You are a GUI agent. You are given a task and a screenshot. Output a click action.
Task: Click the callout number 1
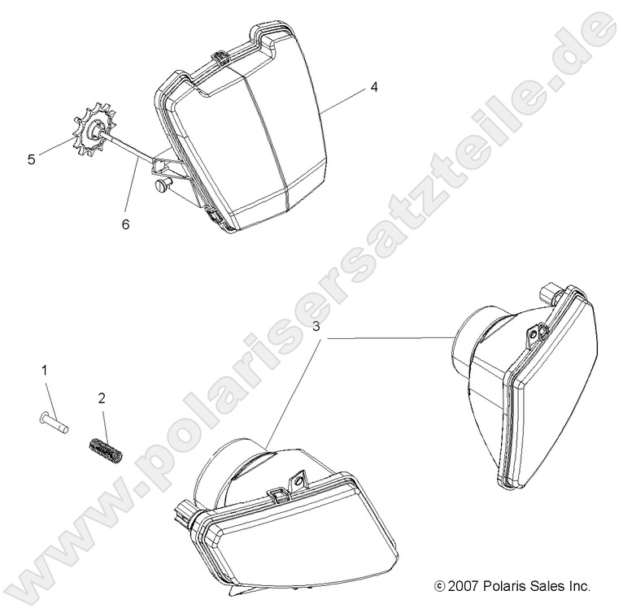45,370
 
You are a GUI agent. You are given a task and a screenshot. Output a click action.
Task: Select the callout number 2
102,398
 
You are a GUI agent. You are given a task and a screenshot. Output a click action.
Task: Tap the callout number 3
316,327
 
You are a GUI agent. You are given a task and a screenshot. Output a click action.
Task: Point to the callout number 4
374,87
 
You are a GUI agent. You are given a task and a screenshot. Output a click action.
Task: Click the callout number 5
32,159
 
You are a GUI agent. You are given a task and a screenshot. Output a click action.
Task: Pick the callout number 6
125,224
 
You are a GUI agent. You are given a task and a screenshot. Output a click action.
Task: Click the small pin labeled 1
54,423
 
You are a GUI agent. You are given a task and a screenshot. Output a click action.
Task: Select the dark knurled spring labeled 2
105,452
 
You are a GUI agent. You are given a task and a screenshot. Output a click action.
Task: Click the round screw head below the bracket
163,185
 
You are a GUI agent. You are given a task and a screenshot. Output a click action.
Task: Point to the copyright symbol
439,586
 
